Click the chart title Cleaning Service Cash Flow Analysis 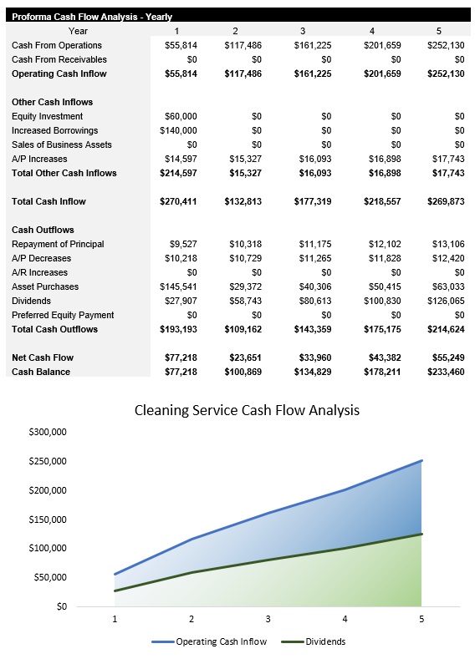247,410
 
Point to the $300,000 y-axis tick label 48,432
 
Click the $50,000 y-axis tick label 50,577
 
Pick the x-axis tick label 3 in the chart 268,619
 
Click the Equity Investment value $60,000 178,116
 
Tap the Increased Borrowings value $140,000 178,130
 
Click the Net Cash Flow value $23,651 245,357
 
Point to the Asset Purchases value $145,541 178,286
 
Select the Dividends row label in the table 31,301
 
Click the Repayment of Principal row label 58,244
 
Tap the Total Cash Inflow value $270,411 178,201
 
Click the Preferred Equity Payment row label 63,315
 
